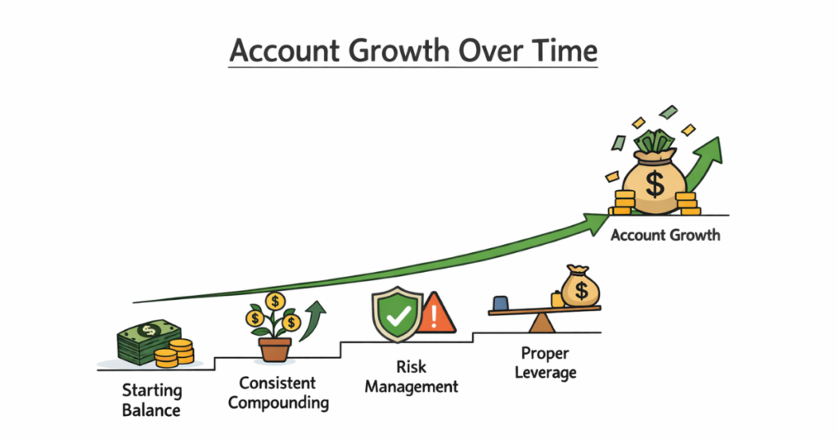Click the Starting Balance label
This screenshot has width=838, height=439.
click(151, 400)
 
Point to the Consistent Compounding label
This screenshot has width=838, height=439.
click(278, 392)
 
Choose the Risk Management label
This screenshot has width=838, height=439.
click(412, 378)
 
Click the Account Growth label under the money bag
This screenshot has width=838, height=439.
click(665, 235)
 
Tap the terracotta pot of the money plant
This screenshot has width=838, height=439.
click(275, 349)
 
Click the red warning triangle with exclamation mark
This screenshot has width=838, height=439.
click(437, 315)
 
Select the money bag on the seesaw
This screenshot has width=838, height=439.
click(580, 288)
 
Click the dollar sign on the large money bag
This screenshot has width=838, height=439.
click(655, 183)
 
